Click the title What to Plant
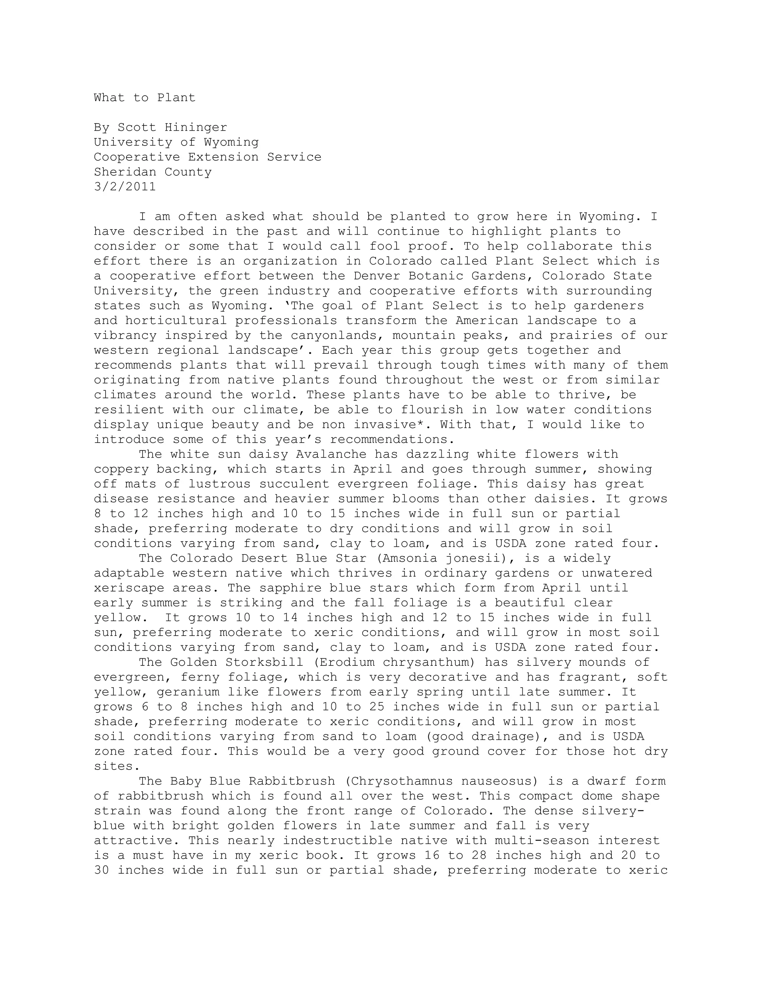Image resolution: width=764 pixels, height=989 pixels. (144, 98)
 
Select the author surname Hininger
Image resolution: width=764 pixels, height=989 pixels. (195, 128)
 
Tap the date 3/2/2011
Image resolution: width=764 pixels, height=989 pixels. (125, 187)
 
